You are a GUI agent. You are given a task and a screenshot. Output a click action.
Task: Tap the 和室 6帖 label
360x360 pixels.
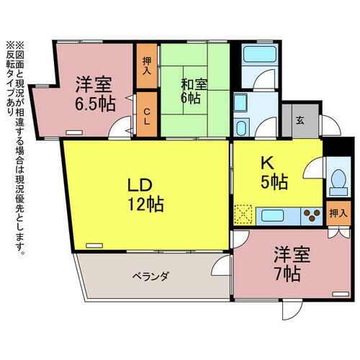(x=194, y=91)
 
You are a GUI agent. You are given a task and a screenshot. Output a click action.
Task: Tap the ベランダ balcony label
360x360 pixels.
(x=150, y=276)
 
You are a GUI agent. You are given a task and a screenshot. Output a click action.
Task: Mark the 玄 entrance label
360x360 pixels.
(x=299, y=120)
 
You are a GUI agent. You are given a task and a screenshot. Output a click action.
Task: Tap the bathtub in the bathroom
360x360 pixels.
(x=255, y=55)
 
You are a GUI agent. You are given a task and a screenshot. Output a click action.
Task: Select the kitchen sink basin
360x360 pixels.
(x=272, y=215)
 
